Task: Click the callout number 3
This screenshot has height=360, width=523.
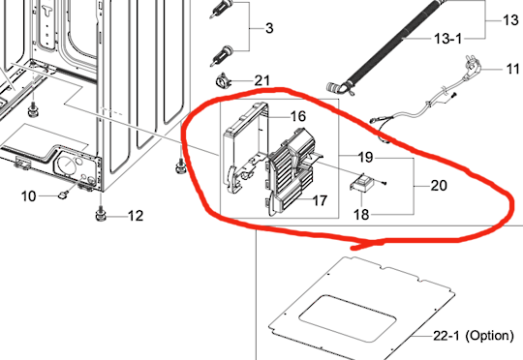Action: pyautogui.click(x=269, y=28)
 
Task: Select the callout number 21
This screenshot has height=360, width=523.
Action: pyautogui.click(x=261, y=80)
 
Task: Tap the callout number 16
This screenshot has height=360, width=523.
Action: pyautogui.click(x=298, y=116)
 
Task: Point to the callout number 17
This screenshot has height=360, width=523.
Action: pyautogui.click(x=320, y=200)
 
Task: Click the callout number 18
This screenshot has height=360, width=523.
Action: pyautogui.click(x=361, y=215)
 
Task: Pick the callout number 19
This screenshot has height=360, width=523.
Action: pyautogui.click(x=365, y=157)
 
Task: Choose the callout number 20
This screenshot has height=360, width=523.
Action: pyautogui.click(x=439, y=186)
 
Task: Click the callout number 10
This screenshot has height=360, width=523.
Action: pyautogui.click(x=28, y=196)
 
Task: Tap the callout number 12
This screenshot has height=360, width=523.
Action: pyautogui.click(x=136, y=216)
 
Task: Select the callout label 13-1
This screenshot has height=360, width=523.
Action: pyautogui.click(x=448, y=39)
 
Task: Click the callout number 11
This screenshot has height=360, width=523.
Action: pyautogui.click(x=512, y=69)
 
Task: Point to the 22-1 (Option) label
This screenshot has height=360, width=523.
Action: pyautogui.click(x=474, y=336)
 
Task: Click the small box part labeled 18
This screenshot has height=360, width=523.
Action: pyautogui.click(x=361, y=182)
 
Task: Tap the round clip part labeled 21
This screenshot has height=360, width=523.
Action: pyautogui.click(x=223, y=81)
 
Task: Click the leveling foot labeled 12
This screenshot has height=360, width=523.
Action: pyautogui.click(x=101, y=214)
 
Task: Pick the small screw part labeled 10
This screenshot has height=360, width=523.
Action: pyautogui.click(x=63, y=194)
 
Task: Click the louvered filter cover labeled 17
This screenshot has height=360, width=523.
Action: pyautogui.click(x=291, y=171)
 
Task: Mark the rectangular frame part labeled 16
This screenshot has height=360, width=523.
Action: pyautogui.click(x=245, y=148)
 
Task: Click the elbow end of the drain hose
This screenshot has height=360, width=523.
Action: pyautogui.click(x=337, y=88)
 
